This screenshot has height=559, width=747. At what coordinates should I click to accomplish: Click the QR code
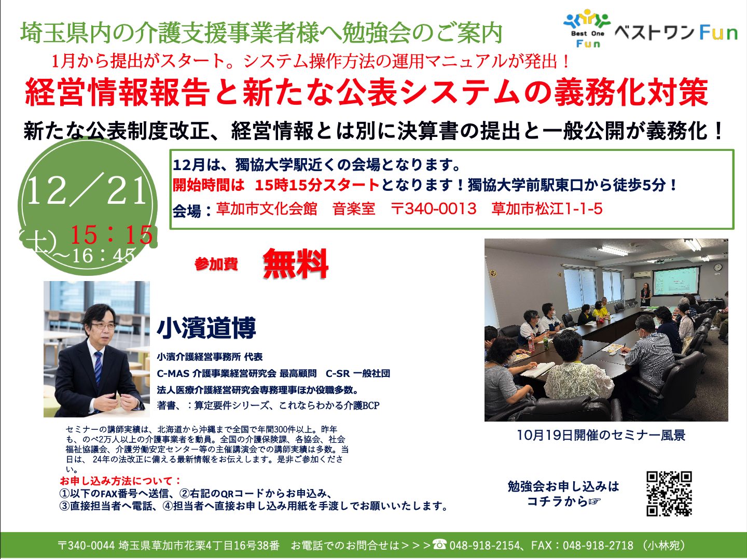tap(669, 494)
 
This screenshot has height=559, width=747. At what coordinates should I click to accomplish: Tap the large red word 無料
tap(295, 263)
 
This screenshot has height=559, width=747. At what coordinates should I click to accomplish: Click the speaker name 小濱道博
tap(206, 328)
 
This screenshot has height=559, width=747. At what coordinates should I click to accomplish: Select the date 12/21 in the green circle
tap(87, 192)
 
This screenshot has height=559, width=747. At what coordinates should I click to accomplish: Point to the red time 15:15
tap(112, 234)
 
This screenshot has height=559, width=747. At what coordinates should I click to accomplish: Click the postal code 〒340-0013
tap(433, 208)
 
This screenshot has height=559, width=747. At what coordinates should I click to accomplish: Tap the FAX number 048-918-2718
tap(598, 546)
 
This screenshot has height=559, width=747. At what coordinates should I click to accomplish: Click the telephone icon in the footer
tap(439, 544)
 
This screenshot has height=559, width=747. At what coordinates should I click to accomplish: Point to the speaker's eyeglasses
tap(102, 326)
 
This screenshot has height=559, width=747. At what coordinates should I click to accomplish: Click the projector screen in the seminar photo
tap(675, 281)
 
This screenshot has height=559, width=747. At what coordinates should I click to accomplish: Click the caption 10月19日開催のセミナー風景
tap(601, 435)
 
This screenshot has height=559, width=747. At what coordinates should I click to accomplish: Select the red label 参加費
tap(216, 264)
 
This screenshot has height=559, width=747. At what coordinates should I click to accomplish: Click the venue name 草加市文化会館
tap(267, 208)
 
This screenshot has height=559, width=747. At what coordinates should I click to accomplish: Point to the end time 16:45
tap(104, 255)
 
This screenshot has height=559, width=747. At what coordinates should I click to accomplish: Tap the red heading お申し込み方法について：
tap(121, 481)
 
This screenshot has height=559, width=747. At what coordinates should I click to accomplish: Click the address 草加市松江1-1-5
tap(547, 208)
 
